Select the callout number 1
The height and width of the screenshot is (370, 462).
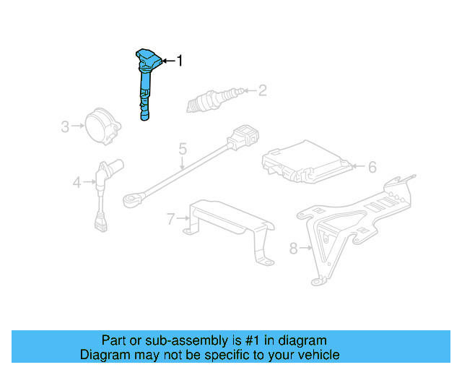(180, 61)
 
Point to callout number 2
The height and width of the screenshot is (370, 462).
(262, 90)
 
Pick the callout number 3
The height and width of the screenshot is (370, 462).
(64, 128)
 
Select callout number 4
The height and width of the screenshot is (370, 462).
(77, 183)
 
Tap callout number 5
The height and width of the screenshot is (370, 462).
(183, 150)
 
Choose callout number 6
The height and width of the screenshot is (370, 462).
(372, 168)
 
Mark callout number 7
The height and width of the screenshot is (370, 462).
(170, 219)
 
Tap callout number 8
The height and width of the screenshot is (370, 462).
(293, 249)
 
